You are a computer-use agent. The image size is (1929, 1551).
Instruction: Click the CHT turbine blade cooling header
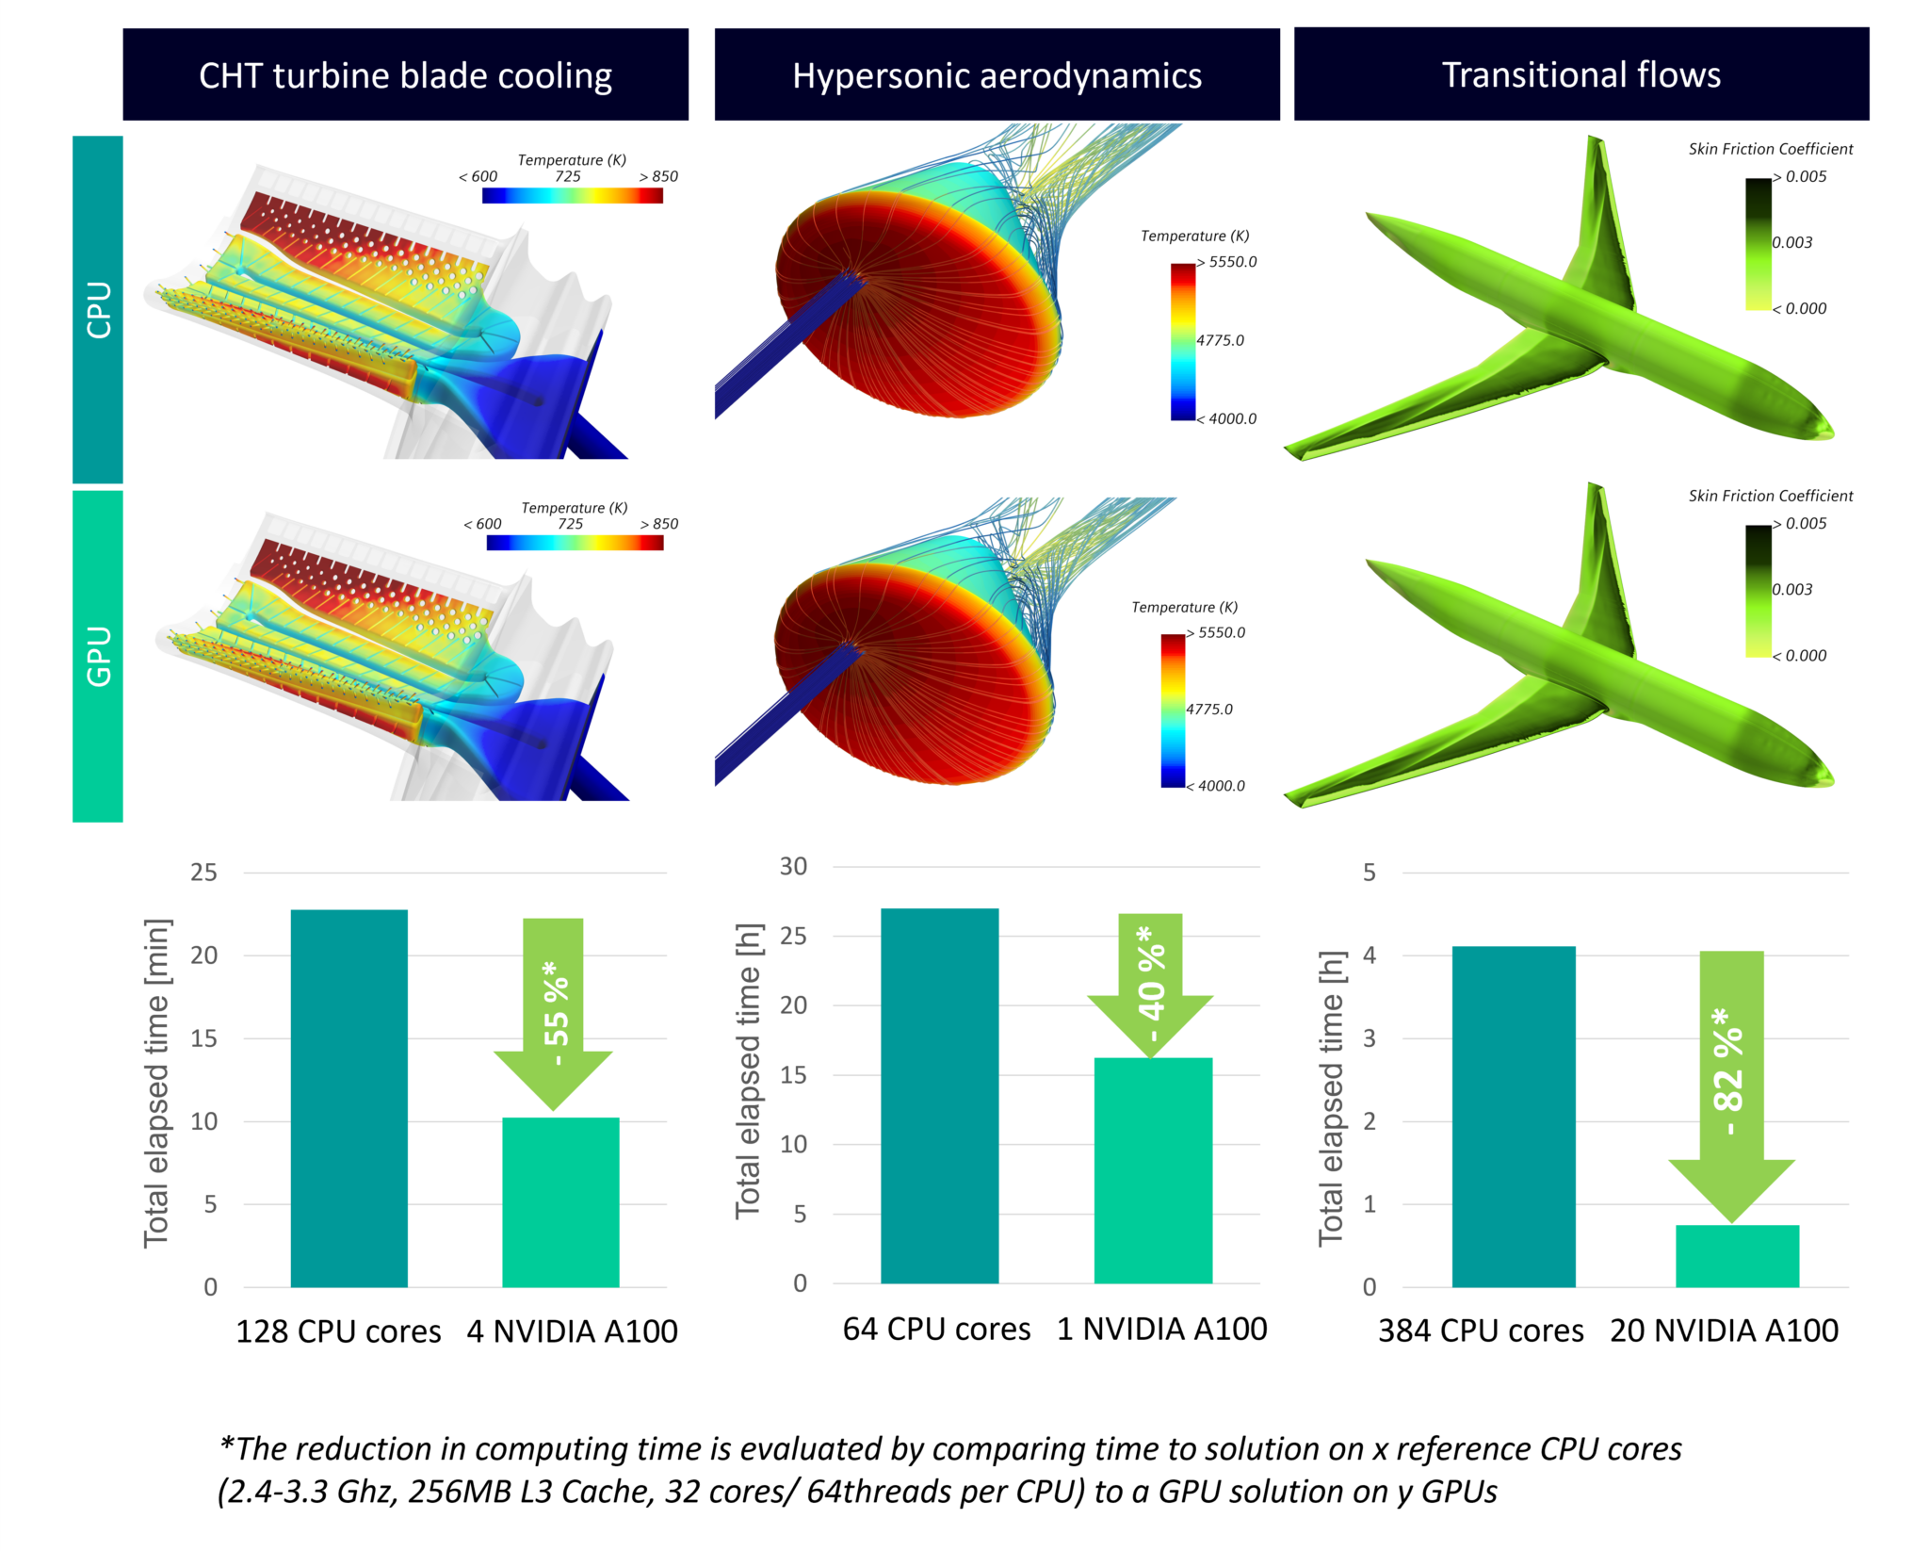pyautogui.click(x=405, y=74)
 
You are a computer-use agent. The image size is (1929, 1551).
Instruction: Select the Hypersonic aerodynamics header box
pyautogui.click(x=997, y=74)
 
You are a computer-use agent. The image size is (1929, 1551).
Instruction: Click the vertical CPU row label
pyautogui.click(x=98, y=309)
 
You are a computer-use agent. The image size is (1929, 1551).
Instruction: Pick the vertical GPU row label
pyautogui.click(x=98, y=656)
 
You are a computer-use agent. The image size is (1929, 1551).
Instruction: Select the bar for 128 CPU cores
pyautogui.click(x=349, y=1098)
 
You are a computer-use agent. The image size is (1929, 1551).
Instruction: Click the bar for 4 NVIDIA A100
pyautogui.click(x=560, y=1201)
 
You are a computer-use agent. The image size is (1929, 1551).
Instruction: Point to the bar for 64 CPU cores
pyautogui.click(x=939, y=1095)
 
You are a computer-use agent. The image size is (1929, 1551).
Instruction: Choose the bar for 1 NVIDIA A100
pyautogui.click(x=1153, y=1170)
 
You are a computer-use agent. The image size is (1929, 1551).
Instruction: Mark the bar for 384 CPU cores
pyautogui.click(x=1513, y=1117)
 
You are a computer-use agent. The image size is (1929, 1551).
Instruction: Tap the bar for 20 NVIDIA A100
pyautogui.click(x=1737, y=1256)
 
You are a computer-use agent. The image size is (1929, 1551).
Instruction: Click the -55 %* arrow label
pyautogui.click(x=556, y=1013)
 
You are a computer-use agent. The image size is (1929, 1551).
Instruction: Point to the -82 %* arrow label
pyautogui.click(x=1729, y=1071)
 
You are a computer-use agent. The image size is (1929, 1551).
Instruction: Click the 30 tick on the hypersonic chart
pyautogui.click(x=793, y=867)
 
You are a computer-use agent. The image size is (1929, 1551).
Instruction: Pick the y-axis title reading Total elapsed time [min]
pyautogui.click(x=156, y=1083)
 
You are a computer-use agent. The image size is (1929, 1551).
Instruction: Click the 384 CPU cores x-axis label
pyautogui.click(x=1481, y=1331)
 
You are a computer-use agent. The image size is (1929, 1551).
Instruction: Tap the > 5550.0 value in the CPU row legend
pyautogui.click(x=1227, y=262)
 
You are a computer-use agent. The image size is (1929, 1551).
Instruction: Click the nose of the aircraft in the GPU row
pyautogui.click(x=1827, y=779)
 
